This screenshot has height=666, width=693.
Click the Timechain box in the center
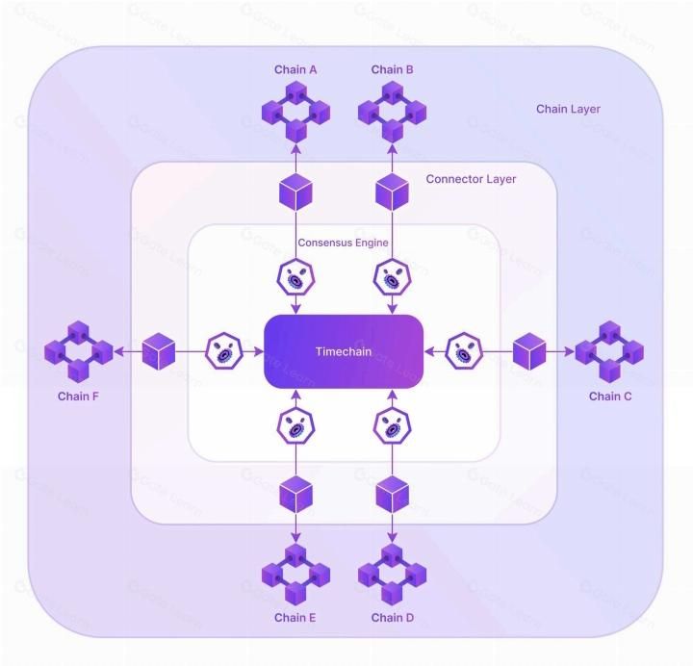tap(344, 351)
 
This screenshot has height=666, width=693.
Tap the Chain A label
tap(295, 69)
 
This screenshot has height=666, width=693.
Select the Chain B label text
tap(393, 69)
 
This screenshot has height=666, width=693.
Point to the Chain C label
tap(610, 396)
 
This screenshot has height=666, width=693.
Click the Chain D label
tap(393, 618)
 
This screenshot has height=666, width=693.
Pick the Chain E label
tap(295, 618)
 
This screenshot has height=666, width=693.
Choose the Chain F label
tap(78, 396)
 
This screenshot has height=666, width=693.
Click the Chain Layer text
tap(568, 109)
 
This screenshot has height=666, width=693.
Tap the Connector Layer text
tap(471, 179)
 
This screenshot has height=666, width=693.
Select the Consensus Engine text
tap(343, 243)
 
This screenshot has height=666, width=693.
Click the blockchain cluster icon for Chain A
tap(295, 110)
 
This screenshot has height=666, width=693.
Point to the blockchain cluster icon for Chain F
tap(78, 351)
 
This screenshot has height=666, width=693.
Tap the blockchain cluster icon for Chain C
tap(610, 351)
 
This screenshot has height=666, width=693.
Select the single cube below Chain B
tap(393, 192)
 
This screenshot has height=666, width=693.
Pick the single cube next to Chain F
tap(159, 351)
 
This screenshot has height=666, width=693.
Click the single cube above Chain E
tap(295, 495)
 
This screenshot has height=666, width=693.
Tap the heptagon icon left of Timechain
tap(223, 351)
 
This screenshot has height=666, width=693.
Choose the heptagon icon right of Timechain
tap(466, 351)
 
